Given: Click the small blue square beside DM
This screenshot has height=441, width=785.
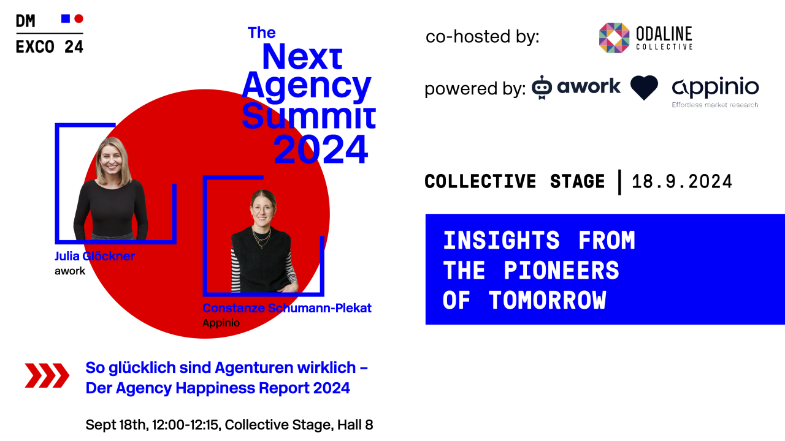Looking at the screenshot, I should tap(66, 18).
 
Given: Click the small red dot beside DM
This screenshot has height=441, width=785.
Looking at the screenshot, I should tap(78, 18).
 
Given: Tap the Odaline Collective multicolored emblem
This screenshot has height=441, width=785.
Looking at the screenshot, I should tap(614, 38).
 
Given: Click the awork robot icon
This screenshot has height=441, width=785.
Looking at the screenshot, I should tap(542, 88).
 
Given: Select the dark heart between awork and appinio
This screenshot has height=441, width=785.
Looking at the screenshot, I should tap(644, 88).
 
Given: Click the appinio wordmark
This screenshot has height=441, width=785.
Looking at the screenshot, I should tap(715, 87).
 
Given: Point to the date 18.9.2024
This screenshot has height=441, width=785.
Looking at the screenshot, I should tap(682, 182).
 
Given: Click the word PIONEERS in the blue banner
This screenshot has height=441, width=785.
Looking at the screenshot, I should tap(562, 270).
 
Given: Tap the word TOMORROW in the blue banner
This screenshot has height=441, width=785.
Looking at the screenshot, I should tap(547, 300).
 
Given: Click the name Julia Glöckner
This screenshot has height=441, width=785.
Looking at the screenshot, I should tap(94, 256).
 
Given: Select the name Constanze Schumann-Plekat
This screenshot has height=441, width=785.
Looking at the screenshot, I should tap(287, 308).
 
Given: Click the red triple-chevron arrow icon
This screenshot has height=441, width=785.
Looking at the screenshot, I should tap(47, 375).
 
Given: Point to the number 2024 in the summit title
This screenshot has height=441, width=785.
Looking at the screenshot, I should tap(321, 149).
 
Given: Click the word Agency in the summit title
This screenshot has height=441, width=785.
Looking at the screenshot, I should tap(306, 87).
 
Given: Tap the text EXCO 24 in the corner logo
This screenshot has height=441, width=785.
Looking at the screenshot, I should tap(49, 47).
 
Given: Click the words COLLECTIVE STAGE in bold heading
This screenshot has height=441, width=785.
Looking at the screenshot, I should tap(515, 182).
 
